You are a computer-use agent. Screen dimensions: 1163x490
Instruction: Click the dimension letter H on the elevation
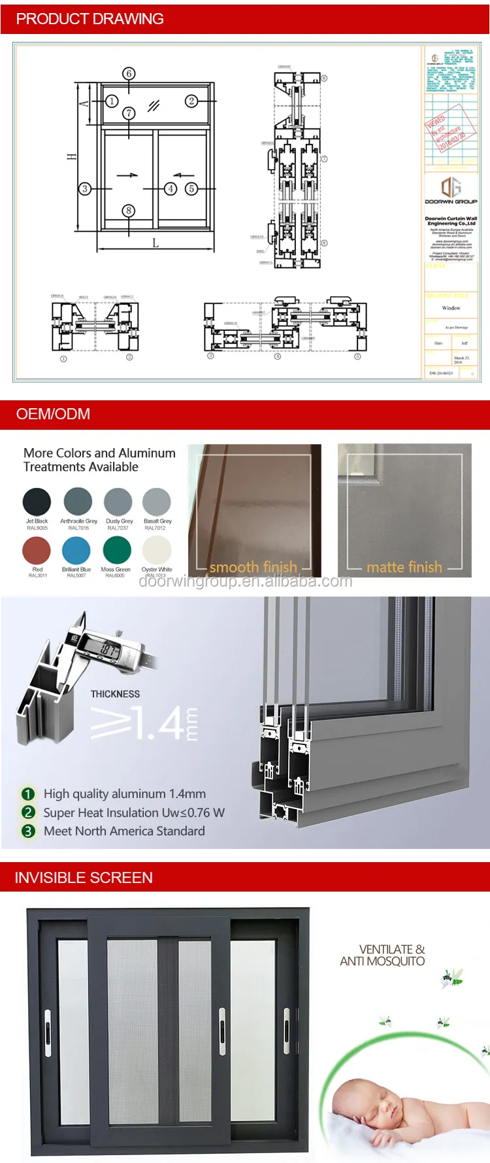[x=71, y=157]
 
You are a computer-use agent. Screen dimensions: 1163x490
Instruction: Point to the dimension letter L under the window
[x=155, y=243]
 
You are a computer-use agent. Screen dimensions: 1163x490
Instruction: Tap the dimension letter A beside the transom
[x=84, y=103]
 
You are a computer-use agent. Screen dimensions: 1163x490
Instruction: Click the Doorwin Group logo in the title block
[x=451, y=187]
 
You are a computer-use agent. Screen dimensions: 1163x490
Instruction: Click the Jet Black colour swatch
[x=37, y=502]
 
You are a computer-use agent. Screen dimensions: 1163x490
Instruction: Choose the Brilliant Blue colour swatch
[x=76, y=550]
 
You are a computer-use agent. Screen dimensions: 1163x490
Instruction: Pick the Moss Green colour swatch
[x=117, y=550]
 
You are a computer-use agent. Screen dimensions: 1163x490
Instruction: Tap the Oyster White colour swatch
[x=157, y=550]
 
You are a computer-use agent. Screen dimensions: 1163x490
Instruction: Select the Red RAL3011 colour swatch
[x=37, y=550]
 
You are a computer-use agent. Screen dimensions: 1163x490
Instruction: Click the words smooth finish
[x=253, y=567]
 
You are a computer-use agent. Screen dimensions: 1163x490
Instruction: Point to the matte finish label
[x=404, y=567]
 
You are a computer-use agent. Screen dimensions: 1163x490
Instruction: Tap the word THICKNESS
[x=115, y=694]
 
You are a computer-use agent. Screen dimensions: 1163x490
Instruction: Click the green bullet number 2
[x=28, y=812]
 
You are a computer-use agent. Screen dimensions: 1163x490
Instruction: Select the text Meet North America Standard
[x=124, y=831]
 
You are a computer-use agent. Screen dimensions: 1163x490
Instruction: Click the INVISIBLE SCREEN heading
[x=84, y=878]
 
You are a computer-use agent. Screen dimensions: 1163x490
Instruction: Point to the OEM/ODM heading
[x=53, y=414]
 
